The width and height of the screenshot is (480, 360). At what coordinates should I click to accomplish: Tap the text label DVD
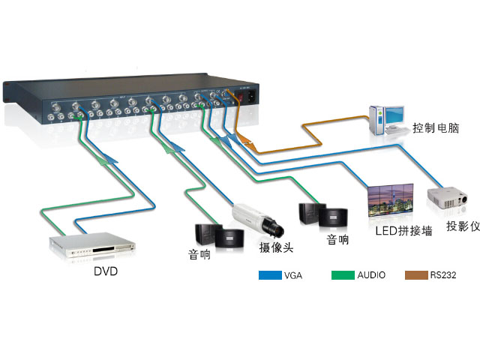point(106,271)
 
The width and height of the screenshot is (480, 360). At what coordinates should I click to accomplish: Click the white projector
point(449,199)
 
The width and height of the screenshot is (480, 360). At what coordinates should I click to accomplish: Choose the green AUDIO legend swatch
point(342,275)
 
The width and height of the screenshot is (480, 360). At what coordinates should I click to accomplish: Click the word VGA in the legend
point(293,275)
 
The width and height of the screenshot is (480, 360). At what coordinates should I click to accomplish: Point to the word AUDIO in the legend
point(370,275)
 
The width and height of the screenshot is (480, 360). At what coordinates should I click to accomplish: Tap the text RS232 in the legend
point(442,275)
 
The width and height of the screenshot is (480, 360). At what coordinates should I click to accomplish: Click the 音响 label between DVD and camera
point(199,255)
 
